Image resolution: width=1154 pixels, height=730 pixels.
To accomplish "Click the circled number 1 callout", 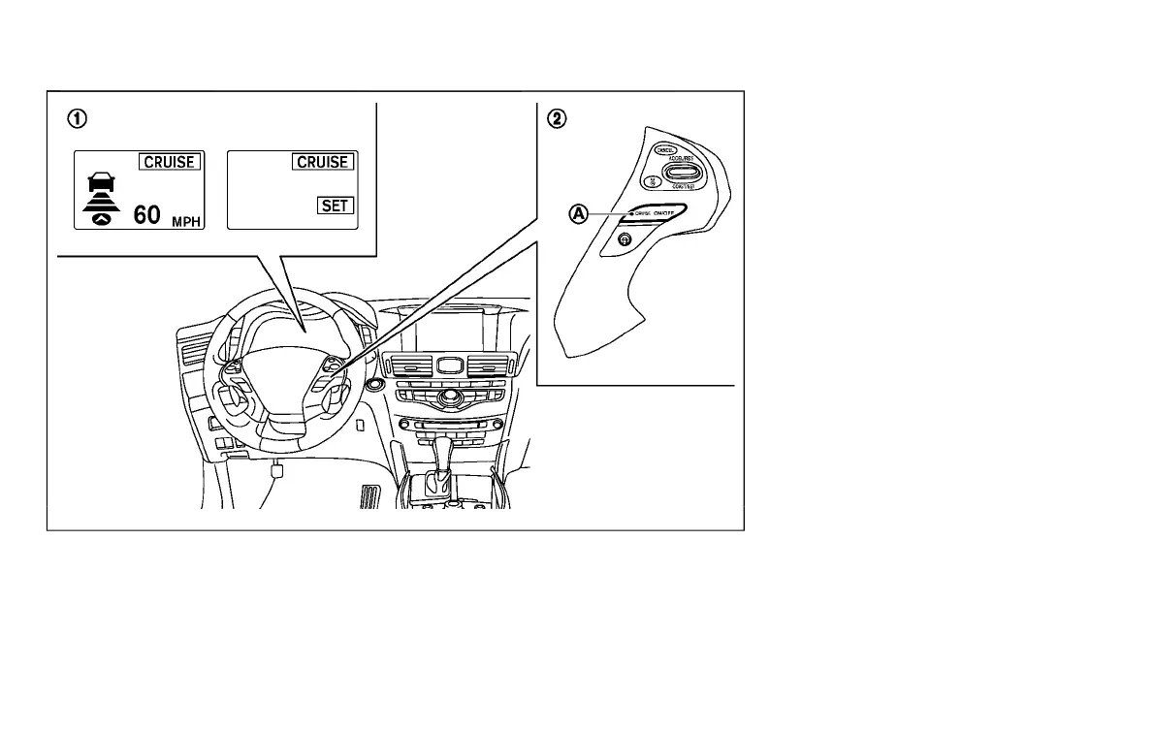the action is pyautogui.click(x=76, y=119).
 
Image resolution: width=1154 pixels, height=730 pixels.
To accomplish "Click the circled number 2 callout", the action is pyautogui.click(x=556, y=119).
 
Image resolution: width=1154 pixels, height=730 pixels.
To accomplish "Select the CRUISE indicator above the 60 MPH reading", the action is pyautogui.click(x=170, y=162).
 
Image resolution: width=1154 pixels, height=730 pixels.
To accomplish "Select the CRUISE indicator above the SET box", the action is pyautogui.click(x=323, y=162).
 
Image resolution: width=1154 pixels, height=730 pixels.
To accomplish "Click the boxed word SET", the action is pyautogui.click(x=337, y=206).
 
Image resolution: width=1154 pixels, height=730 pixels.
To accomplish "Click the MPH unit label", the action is pyautogui.click(x=186, y=222).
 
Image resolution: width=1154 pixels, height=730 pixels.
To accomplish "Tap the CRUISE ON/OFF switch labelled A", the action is pyautogui.click(x=656, y=212).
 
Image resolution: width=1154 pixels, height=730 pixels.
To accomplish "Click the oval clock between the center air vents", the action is pyautogui.click(x=447, y=365).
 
